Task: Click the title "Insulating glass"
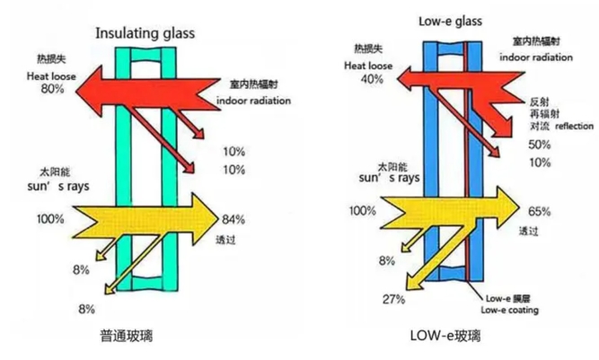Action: [145, 34]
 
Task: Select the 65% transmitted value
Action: [539, 213]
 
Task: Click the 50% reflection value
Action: [540, 145]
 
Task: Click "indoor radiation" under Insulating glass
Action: [253, 101]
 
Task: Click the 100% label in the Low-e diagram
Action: [362, 211]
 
